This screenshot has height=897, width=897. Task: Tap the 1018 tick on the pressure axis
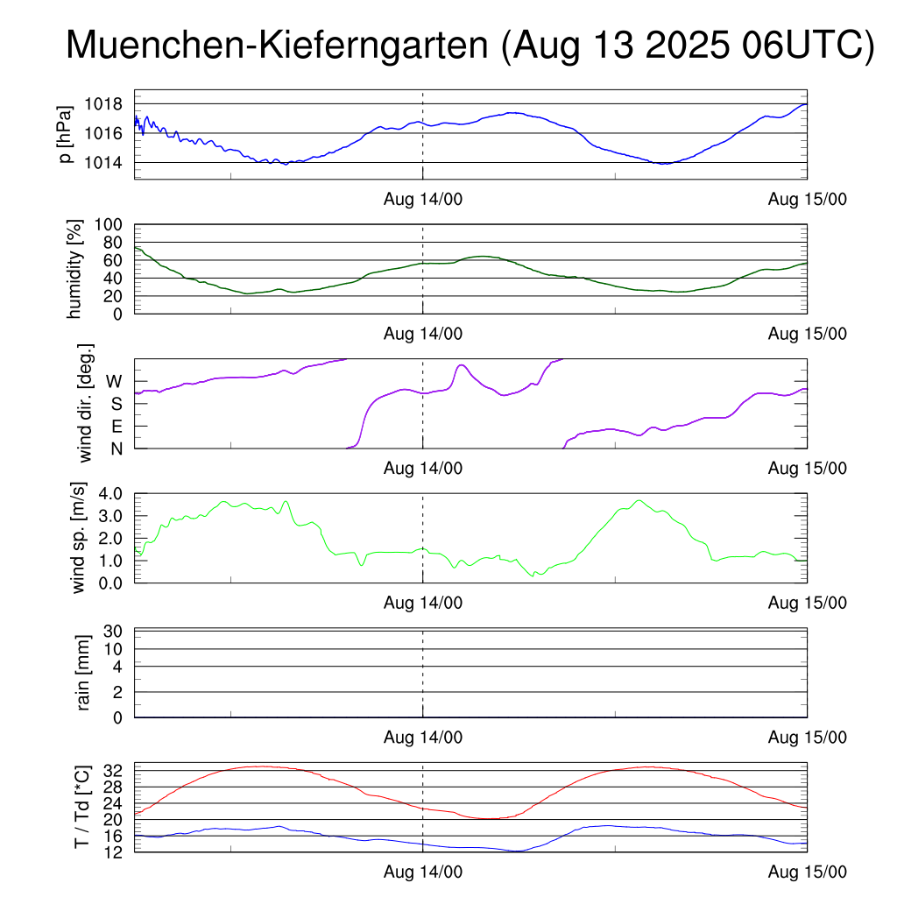[103, 104]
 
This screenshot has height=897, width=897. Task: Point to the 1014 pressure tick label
[103, 163]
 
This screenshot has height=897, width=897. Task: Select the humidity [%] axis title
[76, 269]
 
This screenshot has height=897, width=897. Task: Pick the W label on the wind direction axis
[115, 381]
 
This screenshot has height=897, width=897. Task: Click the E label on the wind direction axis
[117, 427]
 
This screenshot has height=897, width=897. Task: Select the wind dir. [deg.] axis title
[85, 403]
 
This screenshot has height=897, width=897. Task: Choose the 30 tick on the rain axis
[115, 631]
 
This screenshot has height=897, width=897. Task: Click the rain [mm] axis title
[85, 674]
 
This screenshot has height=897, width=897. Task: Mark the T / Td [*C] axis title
[81, 807]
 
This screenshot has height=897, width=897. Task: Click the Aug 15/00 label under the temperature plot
[808, 872]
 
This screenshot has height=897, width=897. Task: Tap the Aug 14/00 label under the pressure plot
[423, 200]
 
